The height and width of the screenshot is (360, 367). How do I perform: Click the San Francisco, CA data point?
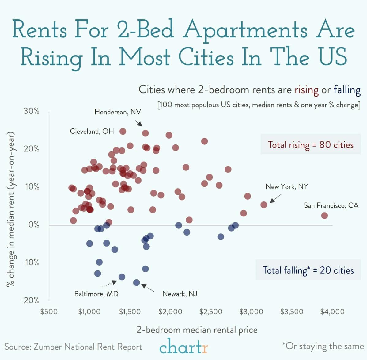[x=324, y=216]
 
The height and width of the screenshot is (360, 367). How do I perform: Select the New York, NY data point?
[x=264, y=205]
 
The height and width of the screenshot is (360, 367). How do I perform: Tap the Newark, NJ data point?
[x=137, y=282]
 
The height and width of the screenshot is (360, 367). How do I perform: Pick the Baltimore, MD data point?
[x=122, y=277]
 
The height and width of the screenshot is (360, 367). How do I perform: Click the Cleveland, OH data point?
[x=123, y=131]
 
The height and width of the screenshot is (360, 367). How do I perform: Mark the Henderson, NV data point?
[x=146, y=133]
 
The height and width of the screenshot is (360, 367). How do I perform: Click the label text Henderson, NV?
[x=118, y=112]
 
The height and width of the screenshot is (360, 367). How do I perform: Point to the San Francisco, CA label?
[x=331, y=205]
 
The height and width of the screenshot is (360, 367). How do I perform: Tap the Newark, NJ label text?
[x=180, y=294]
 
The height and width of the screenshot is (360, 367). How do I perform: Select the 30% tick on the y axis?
[x=32, y=111]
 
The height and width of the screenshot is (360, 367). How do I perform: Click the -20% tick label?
[x=30, y=300]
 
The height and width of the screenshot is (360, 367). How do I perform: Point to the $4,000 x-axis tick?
[x=332, y=312]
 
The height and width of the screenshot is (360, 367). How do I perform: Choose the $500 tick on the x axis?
[x=49, y=312]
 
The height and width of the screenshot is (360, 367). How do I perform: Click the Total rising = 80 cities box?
[x=310, y=144]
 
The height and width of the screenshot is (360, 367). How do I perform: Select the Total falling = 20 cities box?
[x=308, y=270]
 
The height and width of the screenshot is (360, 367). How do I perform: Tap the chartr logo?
[x=184, y=347]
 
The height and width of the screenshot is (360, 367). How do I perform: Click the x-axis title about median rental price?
[x=197, y=330]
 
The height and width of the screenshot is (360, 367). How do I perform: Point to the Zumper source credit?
[x=73, y=347]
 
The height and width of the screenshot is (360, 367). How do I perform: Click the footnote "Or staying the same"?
[x=323, y=346]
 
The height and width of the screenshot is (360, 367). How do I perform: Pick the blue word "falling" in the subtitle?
[x=347, y=90]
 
